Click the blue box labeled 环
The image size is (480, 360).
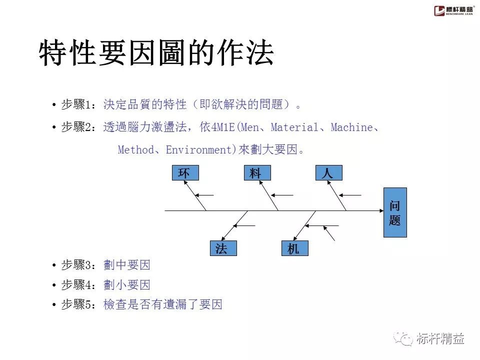point(185,172)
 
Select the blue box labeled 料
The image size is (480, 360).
point(257,172)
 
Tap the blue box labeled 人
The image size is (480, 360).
point(329,172)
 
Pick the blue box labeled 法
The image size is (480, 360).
point(223,248)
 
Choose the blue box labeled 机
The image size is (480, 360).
point(295,248)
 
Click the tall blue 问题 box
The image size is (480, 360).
point(395,212)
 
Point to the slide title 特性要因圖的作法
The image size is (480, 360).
point(156,52)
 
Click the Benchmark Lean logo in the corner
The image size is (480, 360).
point(453,10)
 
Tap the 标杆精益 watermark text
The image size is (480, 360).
point(440,338)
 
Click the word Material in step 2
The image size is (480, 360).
point(294,127)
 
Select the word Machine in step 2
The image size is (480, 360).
point(351,127)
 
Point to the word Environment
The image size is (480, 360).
point(199,149)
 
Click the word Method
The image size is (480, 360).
point(136,149)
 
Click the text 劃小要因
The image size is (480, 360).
point(126,284)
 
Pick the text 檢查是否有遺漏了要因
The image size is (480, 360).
point(163,304)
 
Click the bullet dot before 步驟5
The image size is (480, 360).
point(54,304)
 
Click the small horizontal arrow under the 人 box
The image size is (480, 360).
point(350,195)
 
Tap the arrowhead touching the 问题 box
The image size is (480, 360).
point(381,210)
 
